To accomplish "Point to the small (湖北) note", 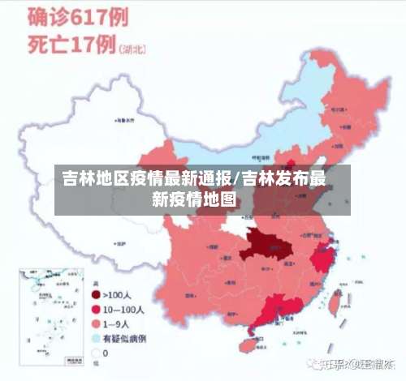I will pyautogui.click(x=134, y=49).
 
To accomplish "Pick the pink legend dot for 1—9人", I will pyautogui.click(x=96, y=324).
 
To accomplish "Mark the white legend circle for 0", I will pyautogui.click(x=96, y=353).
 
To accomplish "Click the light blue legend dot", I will pyautogui.click(x=96, y=338).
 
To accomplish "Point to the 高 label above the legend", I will pyautogui.click(x=97, y=283).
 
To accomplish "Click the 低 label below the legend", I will pyautogui.click(x=97, y=366).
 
